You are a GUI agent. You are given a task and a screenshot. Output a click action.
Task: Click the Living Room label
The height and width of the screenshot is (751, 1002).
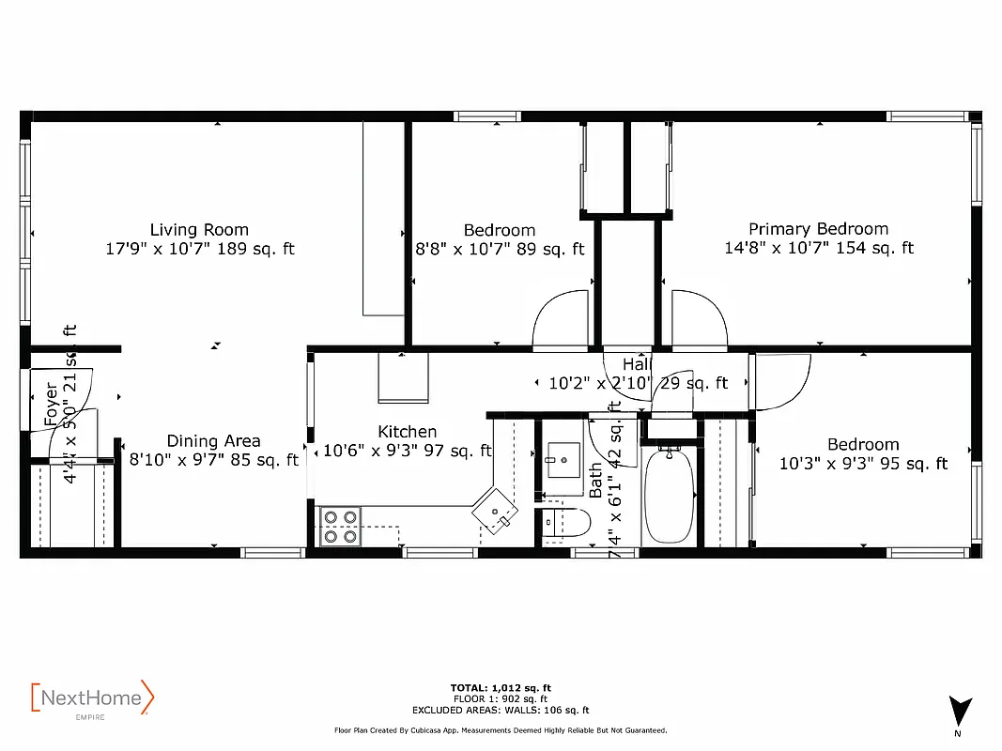coord(199,229)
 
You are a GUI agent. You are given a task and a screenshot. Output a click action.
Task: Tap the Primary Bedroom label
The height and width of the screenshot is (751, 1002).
coord(818,229)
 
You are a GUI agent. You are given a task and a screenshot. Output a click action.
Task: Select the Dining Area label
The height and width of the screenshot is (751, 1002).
coord(213,440)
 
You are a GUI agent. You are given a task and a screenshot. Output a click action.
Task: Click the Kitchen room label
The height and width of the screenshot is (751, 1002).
coord(407,432)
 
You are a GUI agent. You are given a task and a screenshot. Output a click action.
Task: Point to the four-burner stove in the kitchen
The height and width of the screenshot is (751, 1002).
coord(340,526)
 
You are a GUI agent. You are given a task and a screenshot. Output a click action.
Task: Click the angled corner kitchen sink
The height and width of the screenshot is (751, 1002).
coord(496,511)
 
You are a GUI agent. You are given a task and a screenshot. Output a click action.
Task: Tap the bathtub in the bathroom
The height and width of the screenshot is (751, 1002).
coord(669,496)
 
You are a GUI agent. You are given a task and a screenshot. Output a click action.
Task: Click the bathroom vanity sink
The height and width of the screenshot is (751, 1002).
coord(565,461)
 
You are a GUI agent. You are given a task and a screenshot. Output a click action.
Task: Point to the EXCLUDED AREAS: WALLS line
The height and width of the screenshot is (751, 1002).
coord(501,710)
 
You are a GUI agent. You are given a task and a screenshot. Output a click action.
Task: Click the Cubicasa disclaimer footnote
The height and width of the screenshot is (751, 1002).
coord(501,729)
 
